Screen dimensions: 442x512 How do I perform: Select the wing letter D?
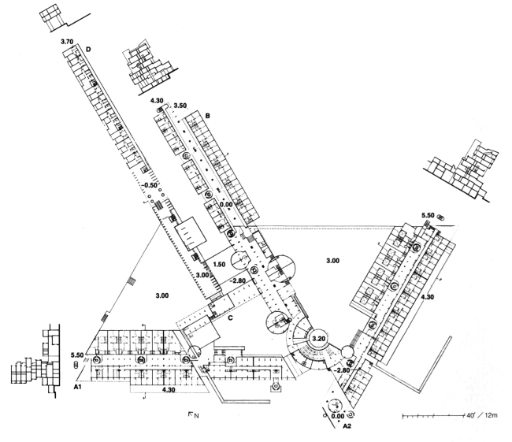point(88,50)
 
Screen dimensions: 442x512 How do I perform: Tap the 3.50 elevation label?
point(180,103)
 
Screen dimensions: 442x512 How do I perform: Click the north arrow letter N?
point(193,414)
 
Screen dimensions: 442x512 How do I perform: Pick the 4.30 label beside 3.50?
point(160,100)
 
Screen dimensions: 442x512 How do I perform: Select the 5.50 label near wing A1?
point(76,355)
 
